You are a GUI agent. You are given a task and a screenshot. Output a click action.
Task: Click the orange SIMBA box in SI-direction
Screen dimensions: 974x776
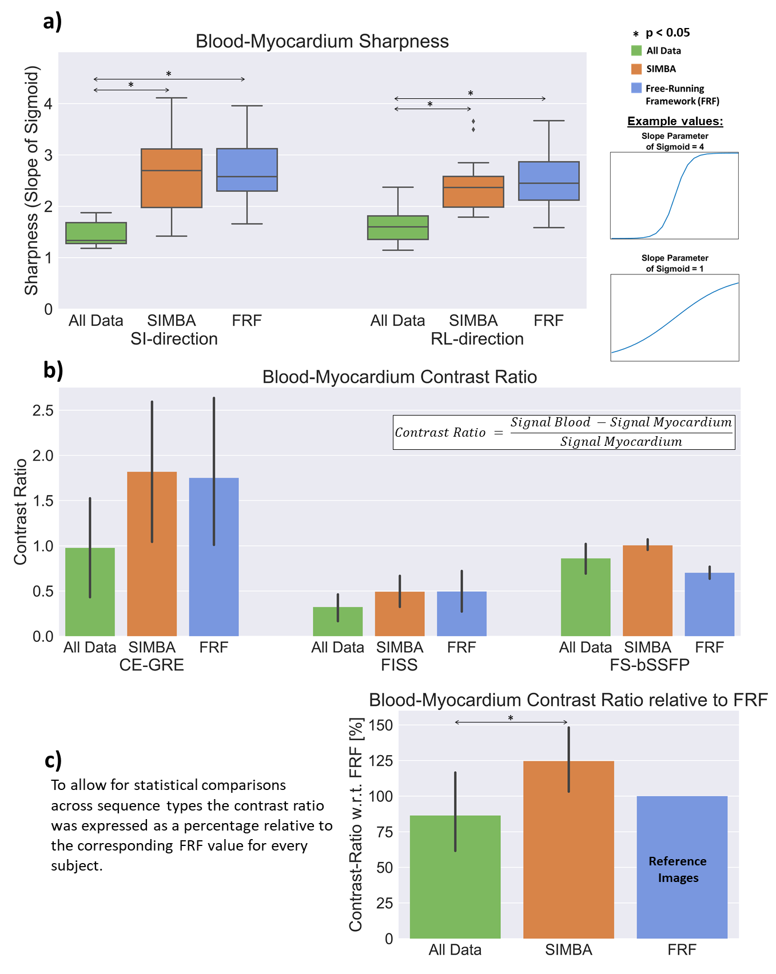(172, 178)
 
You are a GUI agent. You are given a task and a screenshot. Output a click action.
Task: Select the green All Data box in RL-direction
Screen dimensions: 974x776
(398, 227)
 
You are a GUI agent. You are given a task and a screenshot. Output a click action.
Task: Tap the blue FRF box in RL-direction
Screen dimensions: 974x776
(549, 181)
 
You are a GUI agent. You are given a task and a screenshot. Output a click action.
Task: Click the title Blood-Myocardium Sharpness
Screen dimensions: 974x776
(322, 41)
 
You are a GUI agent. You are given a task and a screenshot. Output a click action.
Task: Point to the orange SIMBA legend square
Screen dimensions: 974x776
(636, 69)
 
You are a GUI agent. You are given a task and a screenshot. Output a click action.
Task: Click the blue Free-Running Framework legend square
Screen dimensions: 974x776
(636, 88)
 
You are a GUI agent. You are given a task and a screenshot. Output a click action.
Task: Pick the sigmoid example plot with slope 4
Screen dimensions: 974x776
(675, 195)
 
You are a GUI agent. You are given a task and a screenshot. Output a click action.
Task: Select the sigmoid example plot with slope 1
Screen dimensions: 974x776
(675, 318)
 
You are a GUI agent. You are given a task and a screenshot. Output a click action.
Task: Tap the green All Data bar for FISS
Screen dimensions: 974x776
(338, 621)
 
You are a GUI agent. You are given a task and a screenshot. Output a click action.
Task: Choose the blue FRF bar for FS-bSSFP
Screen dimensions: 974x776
(710, 604)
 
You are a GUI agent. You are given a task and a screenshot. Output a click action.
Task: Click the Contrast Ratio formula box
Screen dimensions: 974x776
(564, 432)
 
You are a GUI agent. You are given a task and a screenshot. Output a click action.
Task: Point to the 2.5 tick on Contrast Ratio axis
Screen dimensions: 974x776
(43, 410)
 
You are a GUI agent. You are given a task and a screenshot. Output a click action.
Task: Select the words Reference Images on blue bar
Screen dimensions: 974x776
(678, 869)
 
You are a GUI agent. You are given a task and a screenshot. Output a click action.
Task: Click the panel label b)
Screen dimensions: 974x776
(53, 370)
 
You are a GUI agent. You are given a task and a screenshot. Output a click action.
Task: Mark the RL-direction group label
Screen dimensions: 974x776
(477, 339)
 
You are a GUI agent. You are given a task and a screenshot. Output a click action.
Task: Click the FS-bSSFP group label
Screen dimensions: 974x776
(650, 665)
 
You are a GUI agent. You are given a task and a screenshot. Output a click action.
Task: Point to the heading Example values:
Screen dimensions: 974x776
(675, 121)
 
